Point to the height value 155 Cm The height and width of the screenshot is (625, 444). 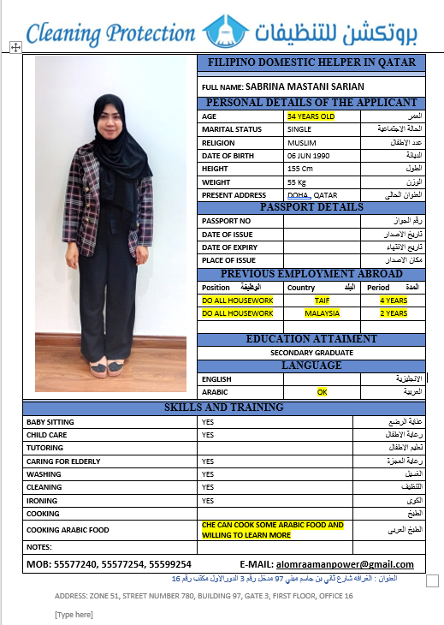[301, 169]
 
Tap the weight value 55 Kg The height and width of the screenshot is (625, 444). [297, 182]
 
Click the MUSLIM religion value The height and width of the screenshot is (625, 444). [302, 142]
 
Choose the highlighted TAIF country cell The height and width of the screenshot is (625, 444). [322, 301]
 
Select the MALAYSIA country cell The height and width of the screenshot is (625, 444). [322, 313]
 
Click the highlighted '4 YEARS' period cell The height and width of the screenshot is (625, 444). [394, 301]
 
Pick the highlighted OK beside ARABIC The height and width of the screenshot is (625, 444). [323, 391]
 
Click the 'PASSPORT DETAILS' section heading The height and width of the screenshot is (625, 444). [311, 207]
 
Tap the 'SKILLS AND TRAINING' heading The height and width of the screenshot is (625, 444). [223, 408]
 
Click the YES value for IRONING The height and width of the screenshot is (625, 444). [207, 500]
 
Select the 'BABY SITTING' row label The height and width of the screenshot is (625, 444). [50, 422]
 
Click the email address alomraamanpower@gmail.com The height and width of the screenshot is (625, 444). [345, 564]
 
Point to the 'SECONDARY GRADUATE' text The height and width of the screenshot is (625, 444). [311, 352]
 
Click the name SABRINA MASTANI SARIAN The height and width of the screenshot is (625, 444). [305, 86]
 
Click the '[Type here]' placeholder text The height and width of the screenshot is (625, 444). [74, 614]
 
